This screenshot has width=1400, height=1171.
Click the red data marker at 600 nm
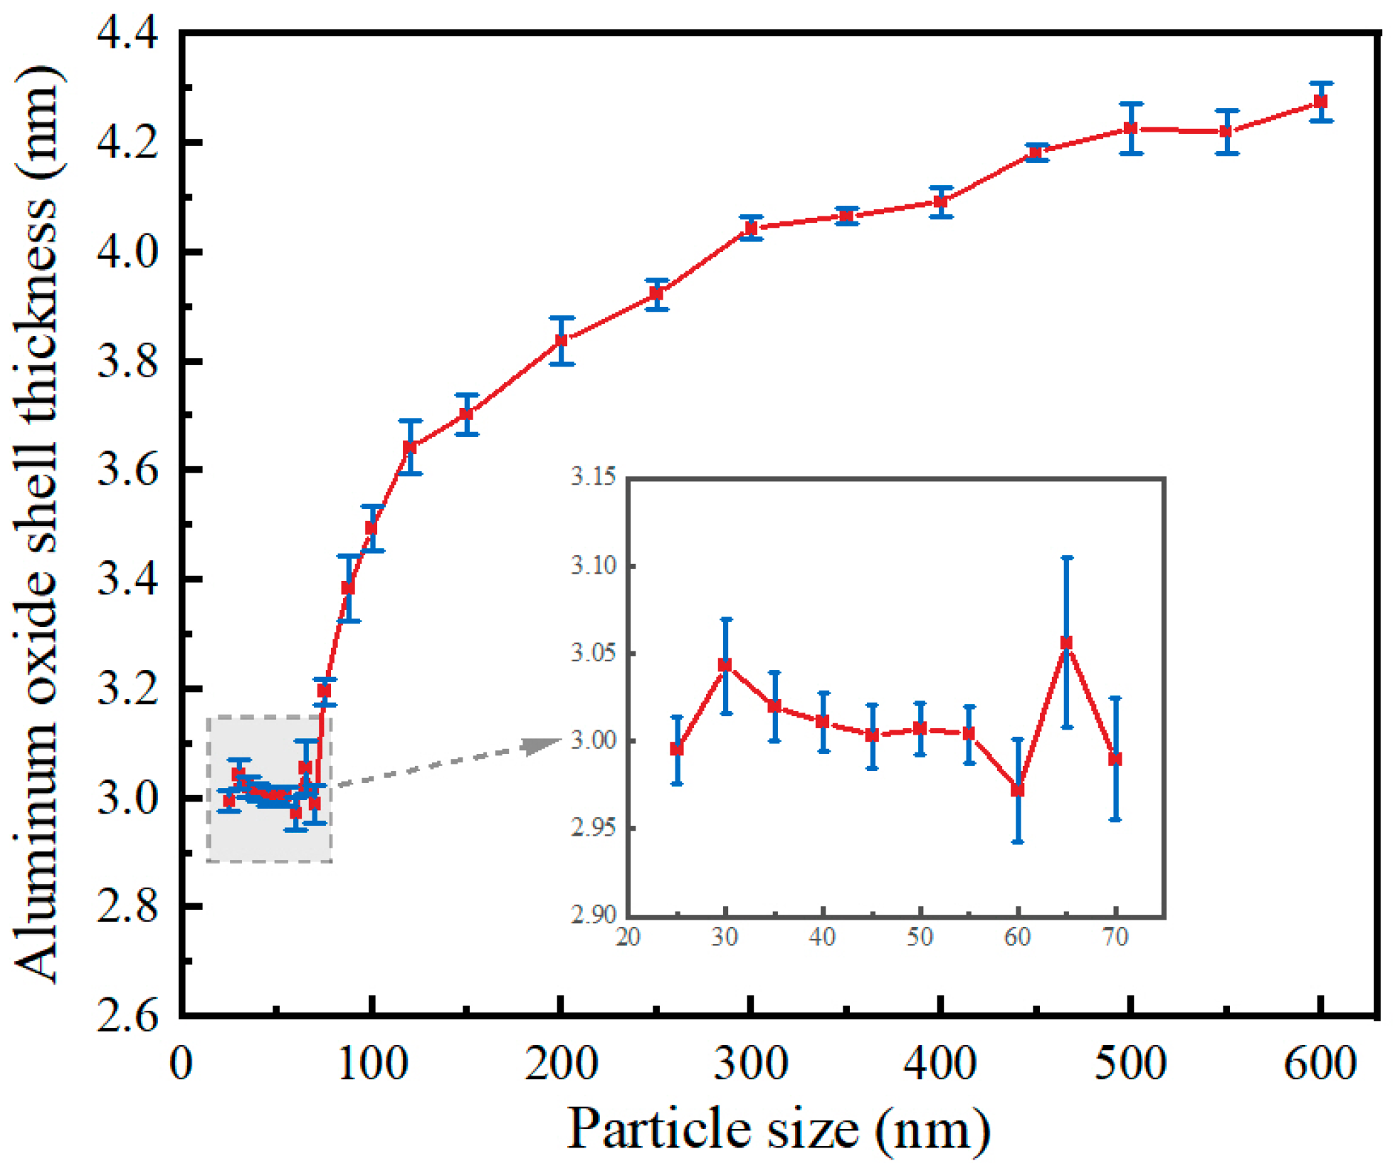tap(1320, 102)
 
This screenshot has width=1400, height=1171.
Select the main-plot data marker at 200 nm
tap(561, 340)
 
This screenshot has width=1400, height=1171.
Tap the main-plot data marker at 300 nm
tap(751, 228)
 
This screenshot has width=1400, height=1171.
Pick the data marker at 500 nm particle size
tap(1130, 128)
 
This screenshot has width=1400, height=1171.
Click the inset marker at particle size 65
tap(1066, 643)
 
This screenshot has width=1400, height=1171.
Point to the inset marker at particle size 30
tap(725, 665)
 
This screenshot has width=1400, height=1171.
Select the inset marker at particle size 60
tap(1018, 790)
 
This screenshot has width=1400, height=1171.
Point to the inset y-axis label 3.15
tap(593, 476)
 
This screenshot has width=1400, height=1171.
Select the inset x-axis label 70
tap(1115, 937)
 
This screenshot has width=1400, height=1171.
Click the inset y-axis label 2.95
tap(593, 827)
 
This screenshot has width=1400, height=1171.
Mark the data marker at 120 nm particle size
tap(410, 447)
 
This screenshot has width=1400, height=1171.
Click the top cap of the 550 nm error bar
tap(1226, 111)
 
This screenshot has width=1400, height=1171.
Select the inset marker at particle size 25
tap(677, 749)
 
